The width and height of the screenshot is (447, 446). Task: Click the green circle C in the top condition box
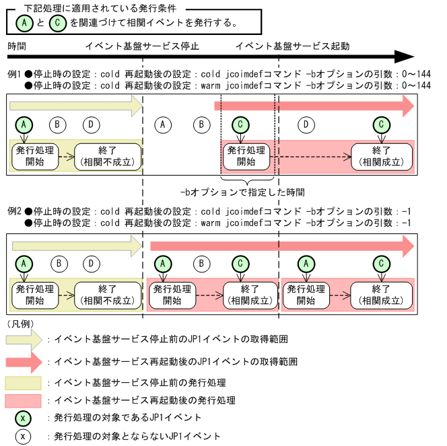[x=59, y=23]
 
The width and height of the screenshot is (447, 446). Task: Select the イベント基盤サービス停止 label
[x=142, y=46]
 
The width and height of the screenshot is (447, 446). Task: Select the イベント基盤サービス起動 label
[x=292, y=46]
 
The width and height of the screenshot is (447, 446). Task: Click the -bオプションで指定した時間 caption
[x=247, y=191]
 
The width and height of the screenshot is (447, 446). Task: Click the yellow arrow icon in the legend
[x=24, y=340]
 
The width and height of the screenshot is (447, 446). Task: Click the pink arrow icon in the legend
[x=24, y=361]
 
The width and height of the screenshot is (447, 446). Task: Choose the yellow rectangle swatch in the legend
[x=24, y=383]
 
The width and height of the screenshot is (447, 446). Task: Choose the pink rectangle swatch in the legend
[x=24, y=401]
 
